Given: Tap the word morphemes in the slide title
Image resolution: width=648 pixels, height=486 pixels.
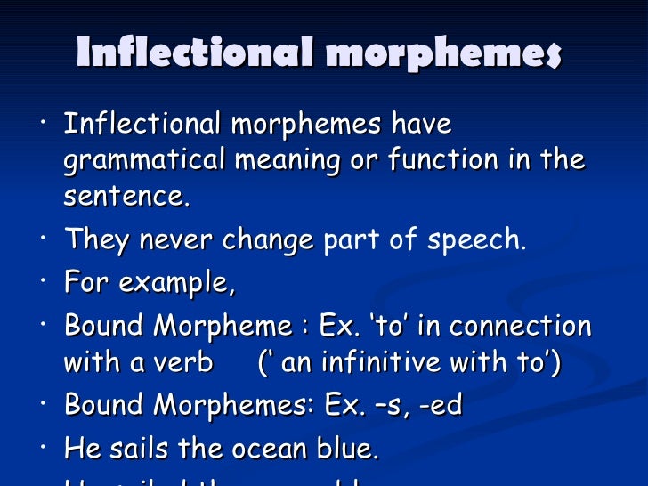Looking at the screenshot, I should coord(444,53).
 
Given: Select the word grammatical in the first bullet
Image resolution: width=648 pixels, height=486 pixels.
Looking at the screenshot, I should coord(145,161).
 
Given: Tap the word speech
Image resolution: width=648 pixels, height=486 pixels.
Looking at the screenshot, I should coord(478,240).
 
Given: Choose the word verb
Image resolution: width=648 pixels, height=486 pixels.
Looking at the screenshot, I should coord(183,363).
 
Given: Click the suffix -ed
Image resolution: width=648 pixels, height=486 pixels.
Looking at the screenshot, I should coord(441,406).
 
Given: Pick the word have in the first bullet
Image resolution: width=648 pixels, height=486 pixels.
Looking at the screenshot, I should coord(422,125).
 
